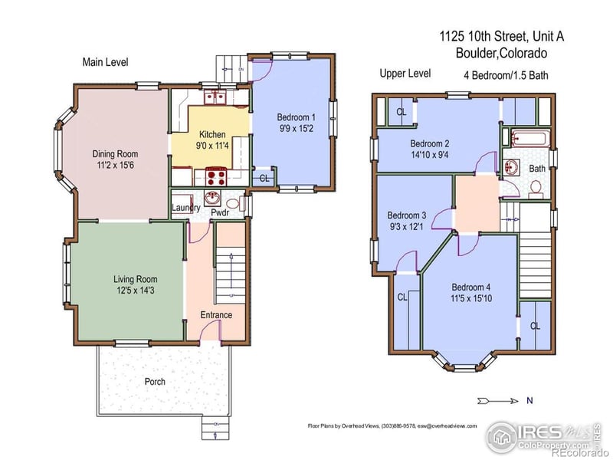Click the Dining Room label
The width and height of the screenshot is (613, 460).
116,153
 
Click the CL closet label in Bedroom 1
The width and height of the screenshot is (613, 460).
264,179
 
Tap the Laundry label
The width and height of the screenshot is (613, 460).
185,208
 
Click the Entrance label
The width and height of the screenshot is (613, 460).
216,315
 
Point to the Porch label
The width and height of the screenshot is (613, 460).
155,381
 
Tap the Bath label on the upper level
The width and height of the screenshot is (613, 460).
537,169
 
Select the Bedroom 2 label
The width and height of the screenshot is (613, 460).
429,143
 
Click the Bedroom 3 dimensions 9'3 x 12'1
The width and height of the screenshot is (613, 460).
407,226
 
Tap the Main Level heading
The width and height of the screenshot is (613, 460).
105,62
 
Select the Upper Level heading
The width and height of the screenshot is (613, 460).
405,74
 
